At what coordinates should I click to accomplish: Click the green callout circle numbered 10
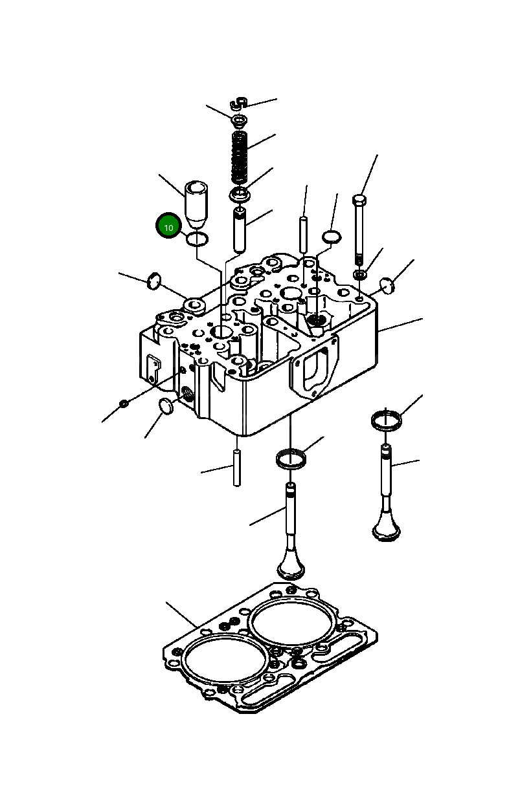(168, 226)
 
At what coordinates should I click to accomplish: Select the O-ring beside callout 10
(198, 239)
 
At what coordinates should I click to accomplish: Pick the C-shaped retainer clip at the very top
(238, 103)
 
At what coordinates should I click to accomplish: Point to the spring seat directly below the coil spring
(241, 194)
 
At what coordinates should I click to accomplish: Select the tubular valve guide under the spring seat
(240, 230)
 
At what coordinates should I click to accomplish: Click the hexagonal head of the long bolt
(360, 200)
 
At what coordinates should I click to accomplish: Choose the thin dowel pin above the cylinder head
(303, 237)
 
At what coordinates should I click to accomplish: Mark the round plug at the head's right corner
(387, 285)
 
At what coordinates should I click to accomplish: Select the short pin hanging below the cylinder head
(237, 468)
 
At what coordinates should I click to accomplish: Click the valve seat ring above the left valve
(291, 459)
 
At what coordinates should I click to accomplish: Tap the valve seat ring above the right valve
(387, 420)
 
